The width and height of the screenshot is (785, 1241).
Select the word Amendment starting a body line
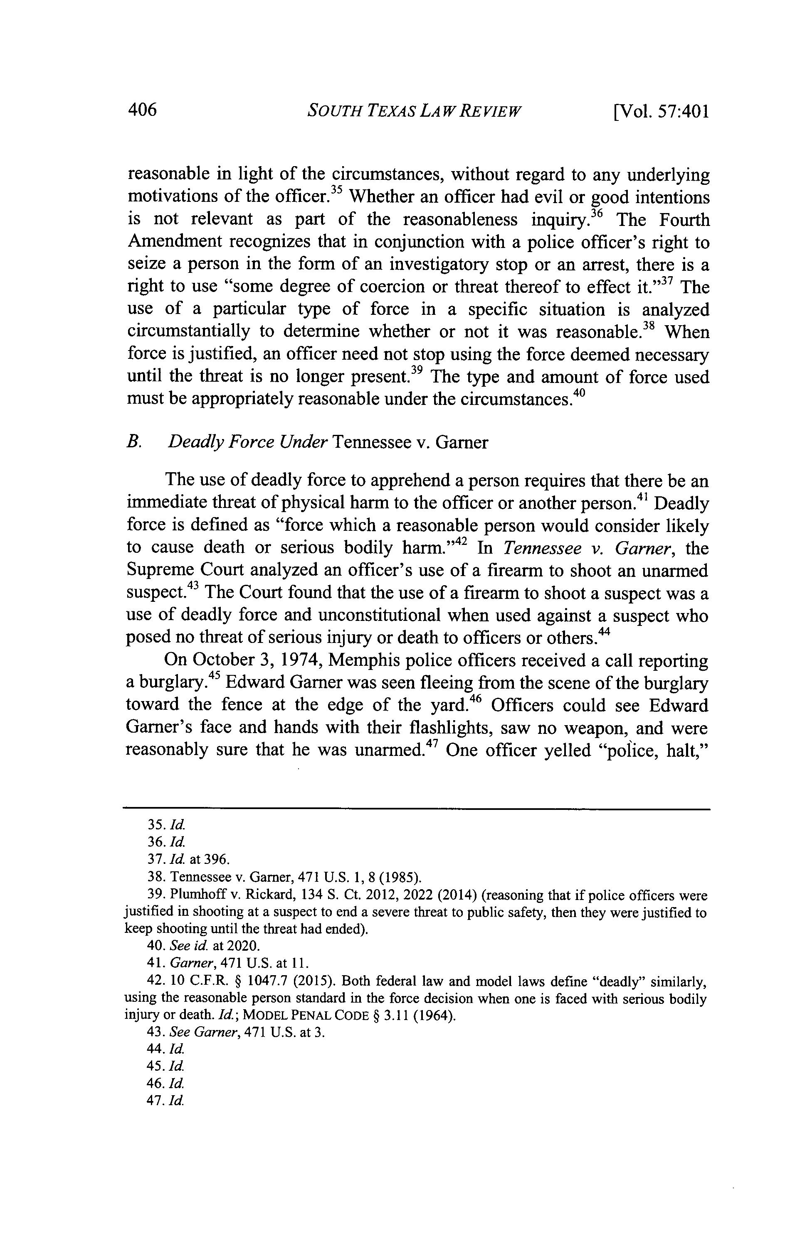[174, 242]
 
